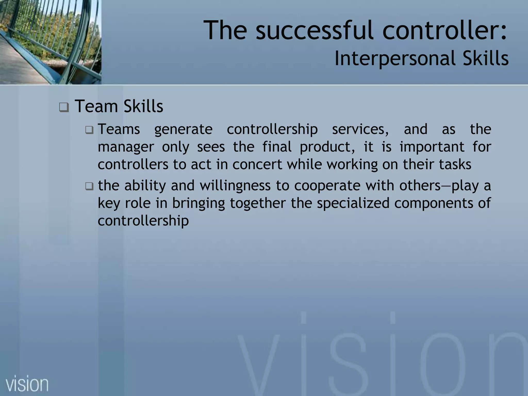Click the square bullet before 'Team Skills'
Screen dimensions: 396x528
click(x=64, y=107)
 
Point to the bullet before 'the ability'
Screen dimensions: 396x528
click(x=89, y=186)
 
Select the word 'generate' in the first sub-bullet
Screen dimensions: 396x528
click(x=183, y=129)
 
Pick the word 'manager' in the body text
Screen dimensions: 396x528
click(x=126, y=147)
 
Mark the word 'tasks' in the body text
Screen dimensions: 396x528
click(x=455, y=164)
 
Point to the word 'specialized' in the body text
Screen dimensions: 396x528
click(x=353, y=203)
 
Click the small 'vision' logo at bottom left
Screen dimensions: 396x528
click(x=27, y=384)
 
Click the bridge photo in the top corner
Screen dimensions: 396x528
click(x=51, y=42)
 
